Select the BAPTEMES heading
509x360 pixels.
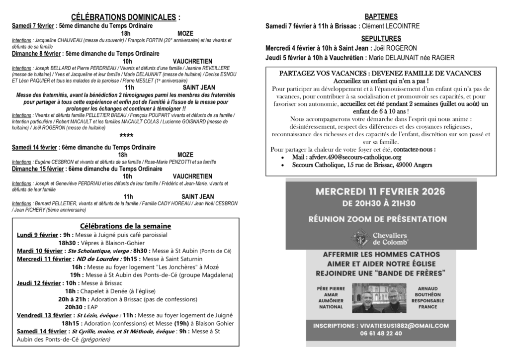tap(381, 16)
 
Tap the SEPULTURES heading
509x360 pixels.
tap(381, 38)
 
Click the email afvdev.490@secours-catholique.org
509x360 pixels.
tap(347, 157)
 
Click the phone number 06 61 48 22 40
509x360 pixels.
tap(381, 334)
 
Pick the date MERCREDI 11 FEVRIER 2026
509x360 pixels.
tap(381, 191)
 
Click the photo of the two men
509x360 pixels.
tap(381, 298)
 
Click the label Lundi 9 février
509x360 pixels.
tap(37, 235)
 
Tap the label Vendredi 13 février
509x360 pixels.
tap(44, 315)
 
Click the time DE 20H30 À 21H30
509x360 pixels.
tap(381, 203)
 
